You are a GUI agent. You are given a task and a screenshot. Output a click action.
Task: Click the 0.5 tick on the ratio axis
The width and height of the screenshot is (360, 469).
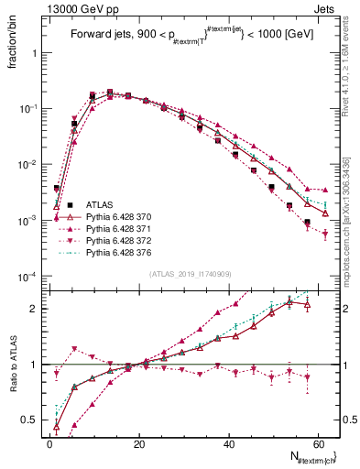click(x=31, y=420)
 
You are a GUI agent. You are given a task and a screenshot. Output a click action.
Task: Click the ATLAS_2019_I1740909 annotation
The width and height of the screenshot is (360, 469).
click(x=189, y=273)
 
